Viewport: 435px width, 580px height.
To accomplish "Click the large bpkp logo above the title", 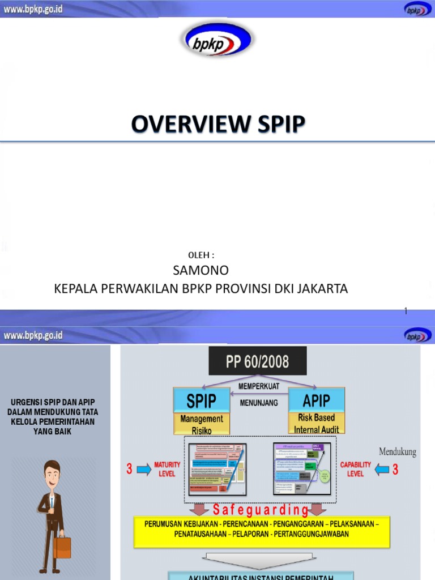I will [x=217, y=41].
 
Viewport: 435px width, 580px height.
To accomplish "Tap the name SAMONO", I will [x=201, y=270].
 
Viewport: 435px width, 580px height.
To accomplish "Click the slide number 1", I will [x=406, y=310].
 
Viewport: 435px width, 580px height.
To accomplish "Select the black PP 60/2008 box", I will [x=258, y=361].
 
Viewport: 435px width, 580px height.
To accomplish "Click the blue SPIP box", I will [x=202, y=401].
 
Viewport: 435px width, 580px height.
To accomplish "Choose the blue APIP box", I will [x=317, y=401].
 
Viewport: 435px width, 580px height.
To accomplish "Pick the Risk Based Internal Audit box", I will [x=317, y=423].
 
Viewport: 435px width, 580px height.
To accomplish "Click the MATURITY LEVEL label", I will [x=167, y=469].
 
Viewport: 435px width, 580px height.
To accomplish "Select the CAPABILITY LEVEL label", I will [x=356, y=469].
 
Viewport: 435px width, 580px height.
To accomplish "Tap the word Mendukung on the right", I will [x=397, y=452].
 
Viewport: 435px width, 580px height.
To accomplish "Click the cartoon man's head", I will [x=52, y=474].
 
